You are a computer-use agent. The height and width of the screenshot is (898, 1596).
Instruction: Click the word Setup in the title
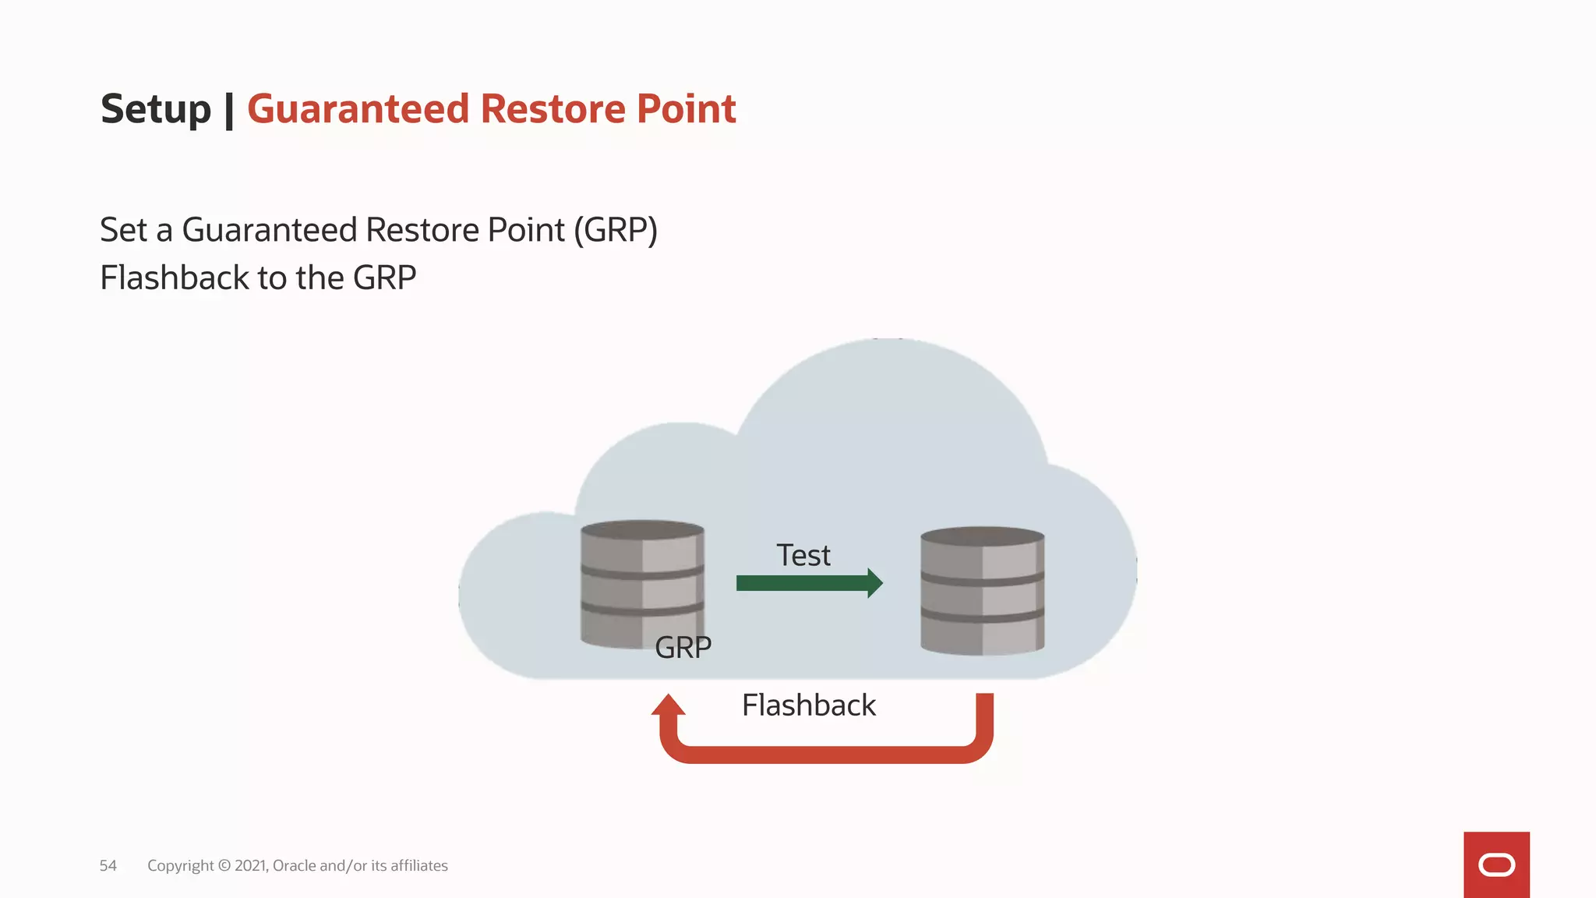click(156, 109)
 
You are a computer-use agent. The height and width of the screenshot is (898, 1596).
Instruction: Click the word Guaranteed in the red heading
click(358, 109)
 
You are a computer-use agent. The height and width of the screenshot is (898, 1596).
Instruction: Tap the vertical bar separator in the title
click(229, 109)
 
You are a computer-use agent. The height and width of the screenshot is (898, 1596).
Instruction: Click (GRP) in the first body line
click(616, 230)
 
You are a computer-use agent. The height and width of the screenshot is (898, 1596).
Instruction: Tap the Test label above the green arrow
click(803, 556)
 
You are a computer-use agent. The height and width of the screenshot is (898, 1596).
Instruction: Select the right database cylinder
click(982, 590)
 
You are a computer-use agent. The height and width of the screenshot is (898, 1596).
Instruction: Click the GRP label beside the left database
click(683, 648)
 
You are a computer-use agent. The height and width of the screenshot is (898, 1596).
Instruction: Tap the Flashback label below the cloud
click(808, 705)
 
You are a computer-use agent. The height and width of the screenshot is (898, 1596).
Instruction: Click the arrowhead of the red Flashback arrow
click(668, 705)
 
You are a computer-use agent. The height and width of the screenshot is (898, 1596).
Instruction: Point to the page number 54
click(108, 865)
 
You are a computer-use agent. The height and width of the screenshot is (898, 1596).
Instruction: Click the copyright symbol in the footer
click(224, 865)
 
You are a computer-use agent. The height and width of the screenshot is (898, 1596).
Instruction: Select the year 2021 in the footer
click(250, 865)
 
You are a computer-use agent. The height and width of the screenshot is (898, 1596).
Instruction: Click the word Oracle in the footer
click(294, 865)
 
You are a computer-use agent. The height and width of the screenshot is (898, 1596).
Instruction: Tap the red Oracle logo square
click(1496, 864)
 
